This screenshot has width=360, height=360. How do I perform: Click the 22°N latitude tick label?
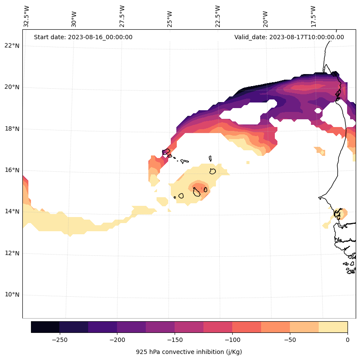click(12, 46)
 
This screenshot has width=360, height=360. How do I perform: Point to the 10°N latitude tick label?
click(12, 295)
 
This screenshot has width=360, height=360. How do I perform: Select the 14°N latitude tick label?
click(12, 211)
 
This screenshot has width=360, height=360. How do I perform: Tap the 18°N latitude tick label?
click(12, 129)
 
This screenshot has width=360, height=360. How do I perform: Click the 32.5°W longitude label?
click(27, 16)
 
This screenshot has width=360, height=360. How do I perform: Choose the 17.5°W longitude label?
click(313, 16)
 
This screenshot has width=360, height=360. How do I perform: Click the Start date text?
click(83, 37)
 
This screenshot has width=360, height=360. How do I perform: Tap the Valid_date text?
click(289, 37)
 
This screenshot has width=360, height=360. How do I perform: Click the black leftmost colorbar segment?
click(45, 327)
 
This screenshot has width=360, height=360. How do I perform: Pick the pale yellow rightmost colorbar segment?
click(333, 327)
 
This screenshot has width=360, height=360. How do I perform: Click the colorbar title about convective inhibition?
click(189, 352)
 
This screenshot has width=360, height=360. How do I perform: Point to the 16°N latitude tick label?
click(12, 170)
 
